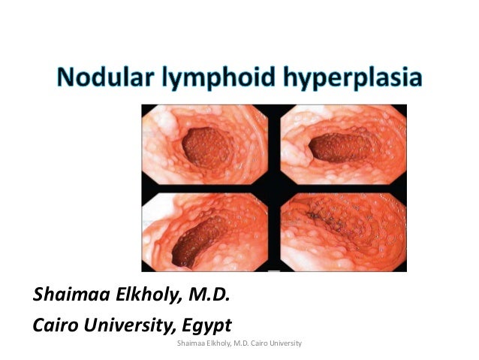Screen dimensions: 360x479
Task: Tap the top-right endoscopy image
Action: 342,144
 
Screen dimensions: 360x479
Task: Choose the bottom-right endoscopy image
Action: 342,229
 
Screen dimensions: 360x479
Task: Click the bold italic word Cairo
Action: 56,325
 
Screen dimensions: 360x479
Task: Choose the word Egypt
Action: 209,325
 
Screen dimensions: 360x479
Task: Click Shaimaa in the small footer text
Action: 187,343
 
